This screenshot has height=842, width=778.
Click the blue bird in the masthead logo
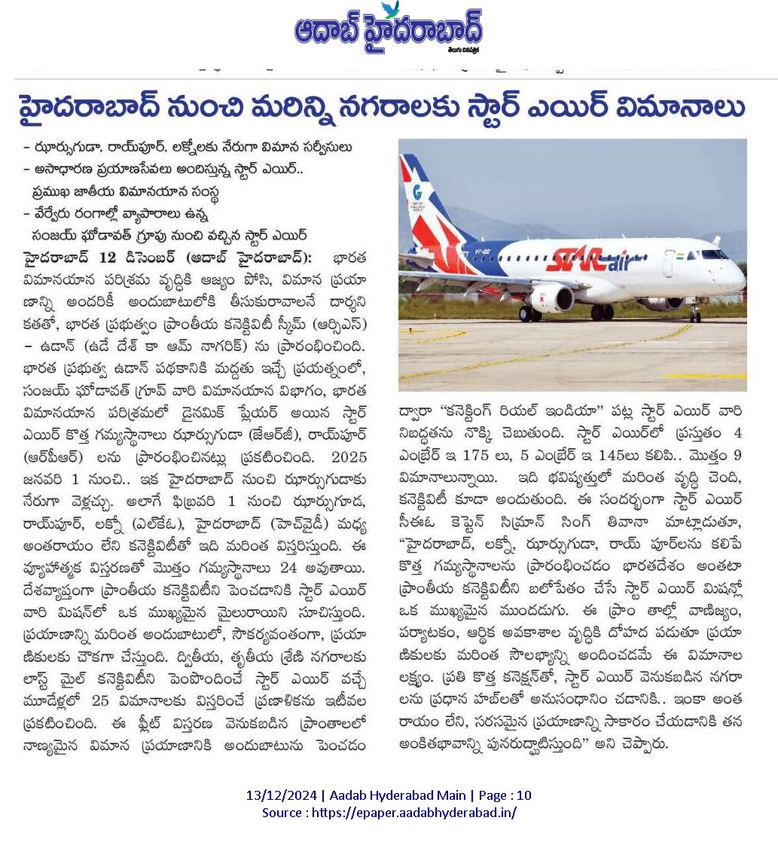tap(390, 9)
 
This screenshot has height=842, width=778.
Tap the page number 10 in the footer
tap(525, 795)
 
